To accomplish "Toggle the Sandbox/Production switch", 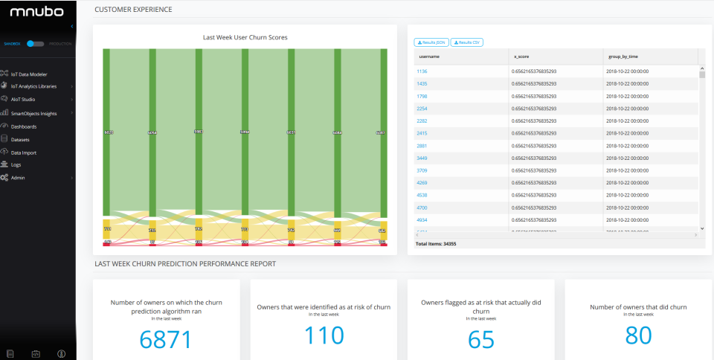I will click(x=36, y=44).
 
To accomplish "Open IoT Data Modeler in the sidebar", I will click(x=30, y=74).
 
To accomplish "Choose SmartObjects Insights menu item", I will click(x=33, y=113).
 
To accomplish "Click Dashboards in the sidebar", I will click(x=24, y=126).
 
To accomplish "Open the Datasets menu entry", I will click(x=20, y=139).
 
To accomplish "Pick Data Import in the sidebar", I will click(x=24, y=152).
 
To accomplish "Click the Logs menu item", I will click(x=16, y=164).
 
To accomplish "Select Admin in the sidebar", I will click(x=18, y=178).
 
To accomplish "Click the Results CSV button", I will click(x=466, y=42).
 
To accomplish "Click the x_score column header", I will click(x=521, y=57).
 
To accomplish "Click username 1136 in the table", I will click(x=422, y=71).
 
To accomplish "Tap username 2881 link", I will click(x=422, y=145).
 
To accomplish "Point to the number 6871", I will click(x=166, y=339).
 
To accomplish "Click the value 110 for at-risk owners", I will click(x=324, y=335).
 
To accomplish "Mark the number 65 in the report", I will click(x=481, y=339).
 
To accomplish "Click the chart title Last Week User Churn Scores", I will click(x=245, y=36).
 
